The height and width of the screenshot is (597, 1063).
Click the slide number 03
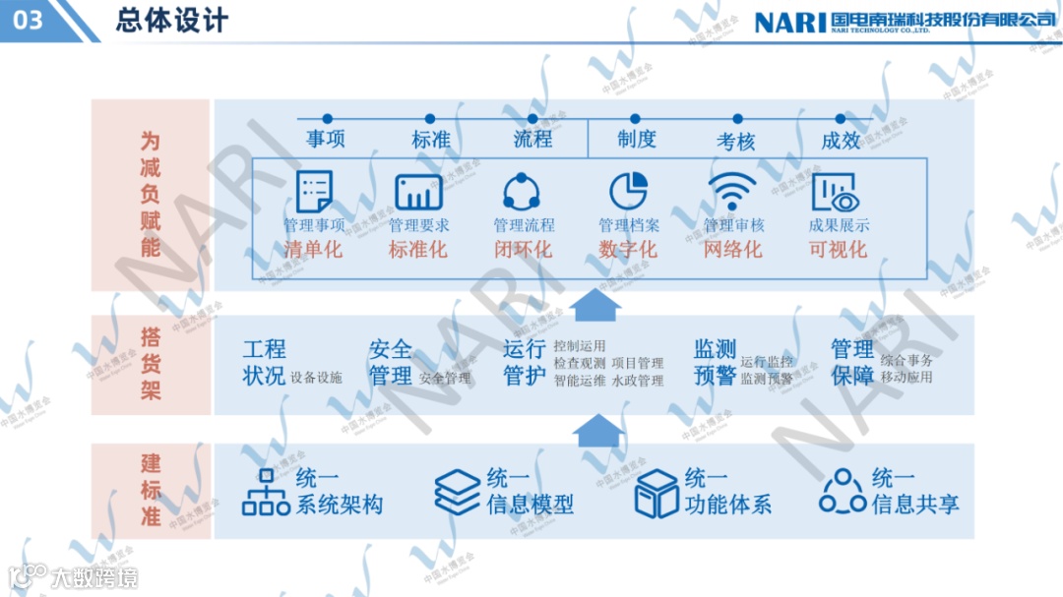click(30, 20)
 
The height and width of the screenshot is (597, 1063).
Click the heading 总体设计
click(171, 21)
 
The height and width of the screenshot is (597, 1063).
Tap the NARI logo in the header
click(789, 22)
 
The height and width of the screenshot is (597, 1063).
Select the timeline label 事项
click(326, 140)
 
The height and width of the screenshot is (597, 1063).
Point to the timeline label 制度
click(636, 140)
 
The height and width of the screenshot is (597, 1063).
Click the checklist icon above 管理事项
click(314, 191)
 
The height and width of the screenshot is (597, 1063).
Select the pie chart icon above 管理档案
click(628, 191)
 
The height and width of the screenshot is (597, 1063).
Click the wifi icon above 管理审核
click(733, 191)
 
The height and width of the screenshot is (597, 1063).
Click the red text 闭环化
click(523, 249)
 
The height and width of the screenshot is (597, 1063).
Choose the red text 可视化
click(838, 249)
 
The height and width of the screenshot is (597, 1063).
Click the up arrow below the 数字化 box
click(595, 305)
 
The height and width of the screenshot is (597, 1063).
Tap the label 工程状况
click(264, 362)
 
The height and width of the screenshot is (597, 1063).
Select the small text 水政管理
click(638, 380)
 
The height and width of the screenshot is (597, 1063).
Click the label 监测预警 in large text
click(715, 362)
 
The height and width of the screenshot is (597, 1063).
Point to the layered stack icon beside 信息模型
click(457, 492)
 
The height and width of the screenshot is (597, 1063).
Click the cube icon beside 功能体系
click(656, 492)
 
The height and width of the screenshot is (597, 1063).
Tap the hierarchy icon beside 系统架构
click(266, 492)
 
